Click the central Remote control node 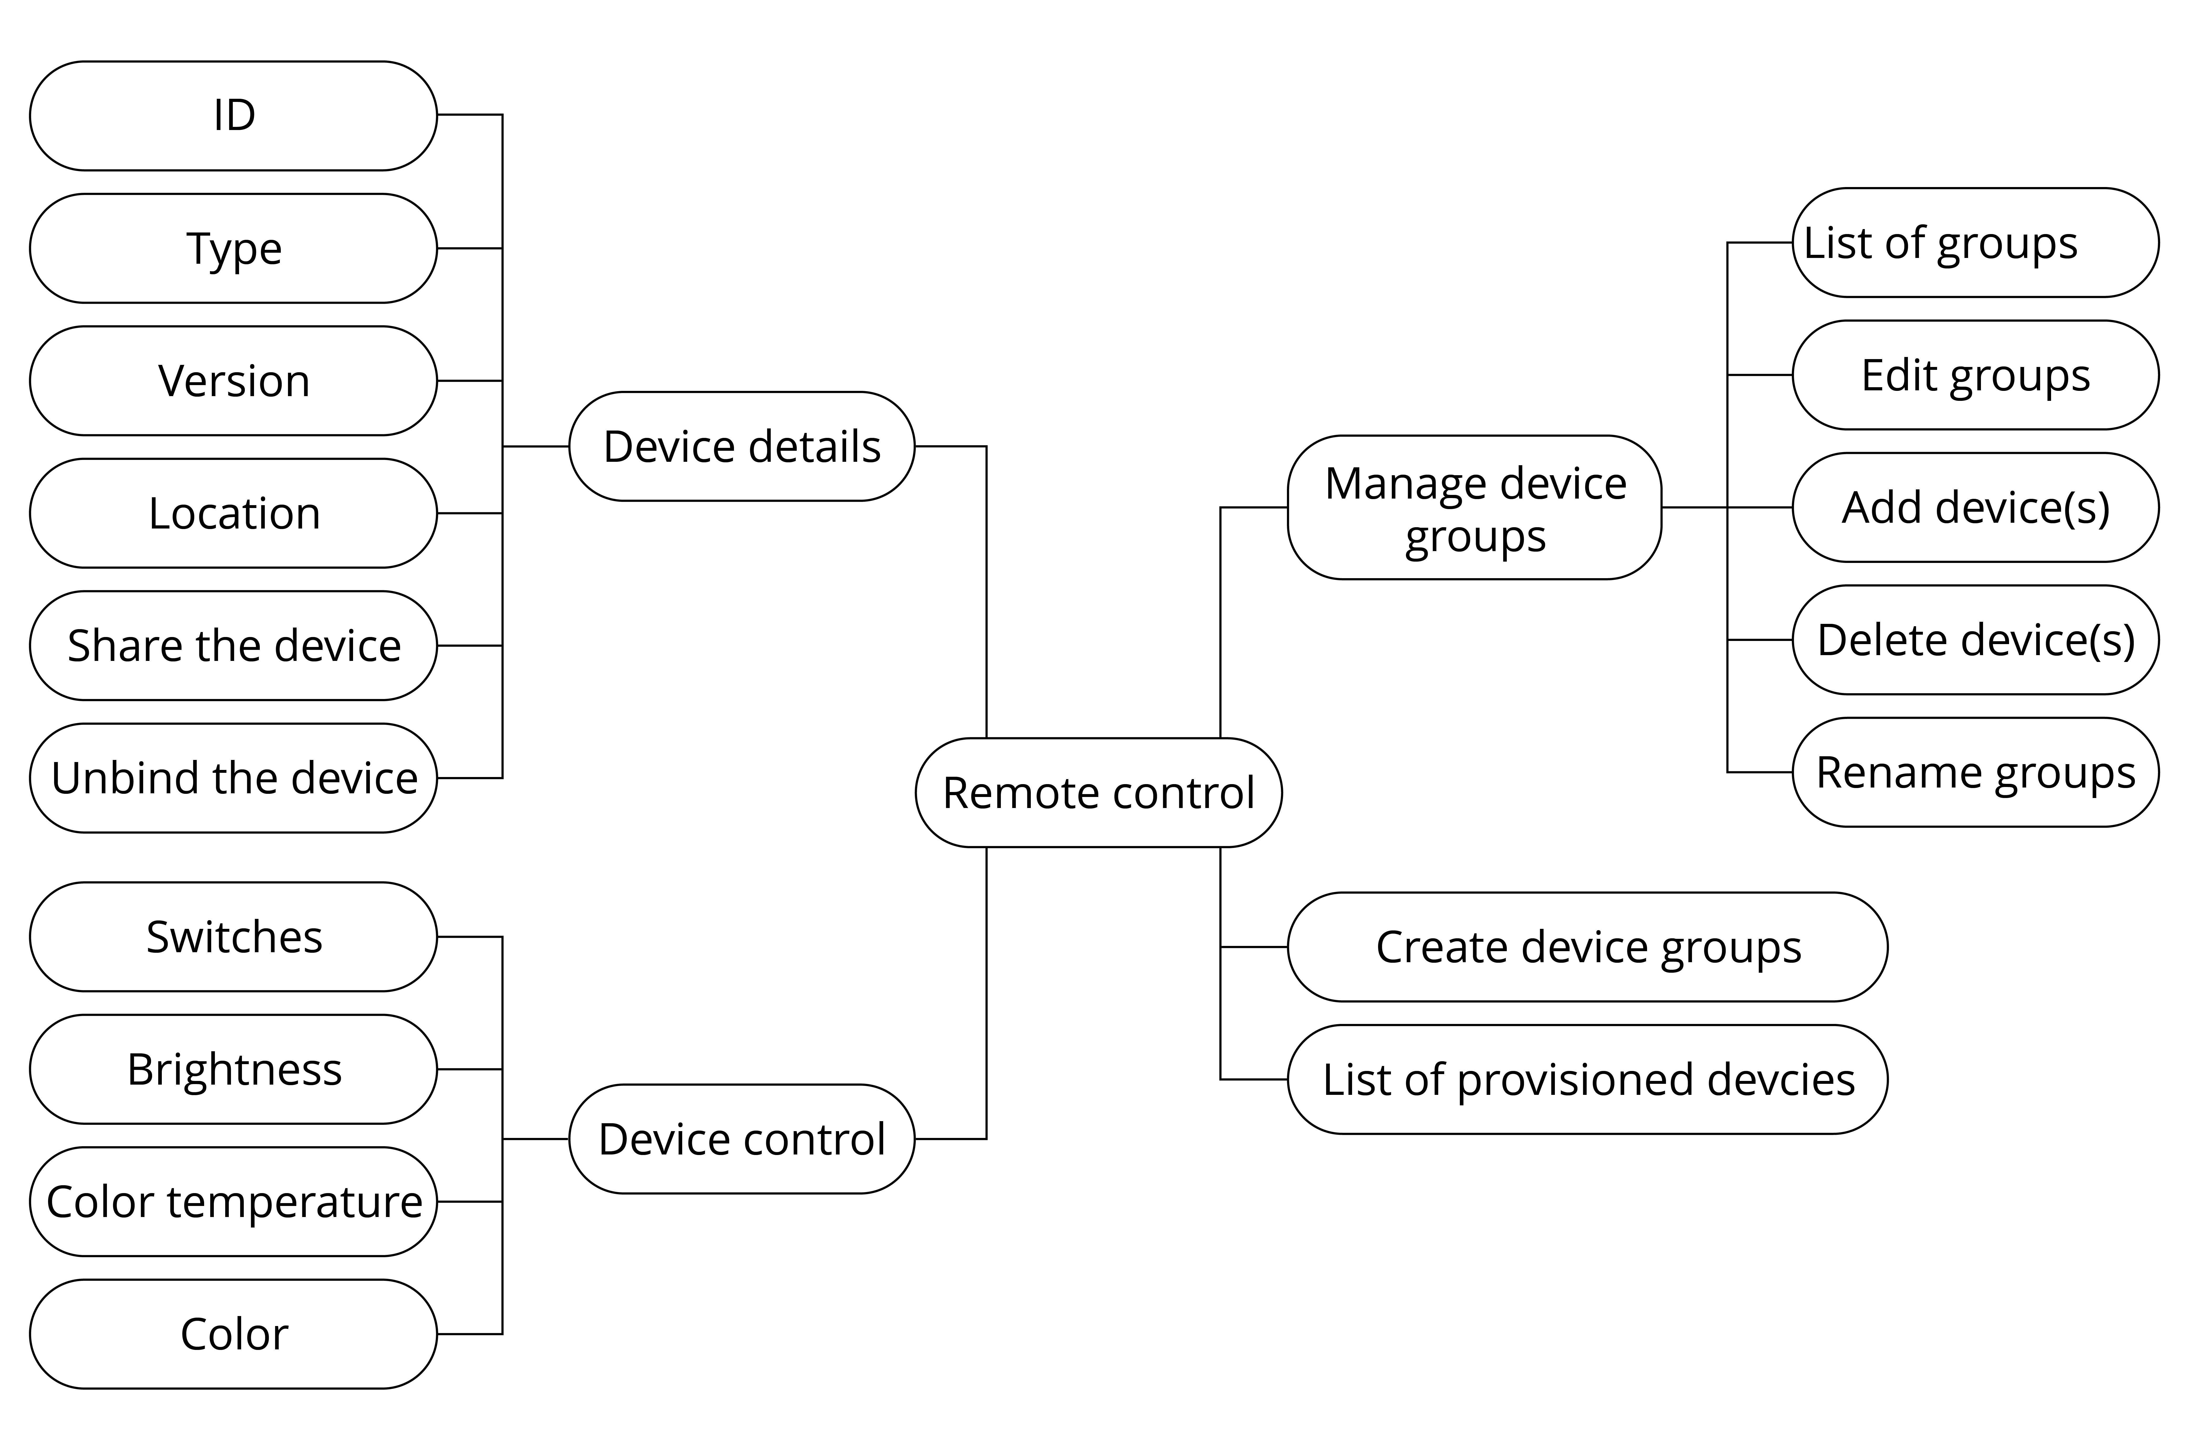(x=1099, y=793)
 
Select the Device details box (x=742, y=447)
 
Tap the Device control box (x=742, y=1139)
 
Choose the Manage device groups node (x=1475, y=508)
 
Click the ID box (x=233, y=116)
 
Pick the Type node (x=233, y=248)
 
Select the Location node (x=233, y=513)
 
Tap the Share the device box (x=233, y=645)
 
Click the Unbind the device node (x=233, y=778)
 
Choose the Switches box (x=233, y=937)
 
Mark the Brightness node (x=233, y=1069)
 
